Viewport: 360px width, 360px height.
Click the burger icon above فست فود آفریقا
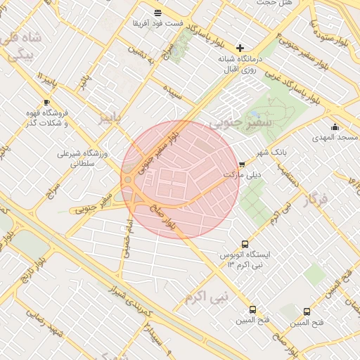point(157,13)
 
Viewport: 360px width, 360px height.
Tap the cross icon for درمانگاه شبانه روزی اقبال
point(240,48)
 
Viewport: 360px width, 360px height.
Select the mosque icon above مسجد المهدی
point(335,127)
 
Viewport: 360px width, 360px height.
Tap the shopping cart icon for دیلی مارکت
point(243,165)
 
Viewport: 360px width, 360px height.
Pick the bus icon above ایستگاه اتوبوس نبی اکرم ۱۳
point(245,243)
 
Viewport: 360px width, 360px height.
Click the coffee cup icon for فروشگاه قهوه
point(46,102)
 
